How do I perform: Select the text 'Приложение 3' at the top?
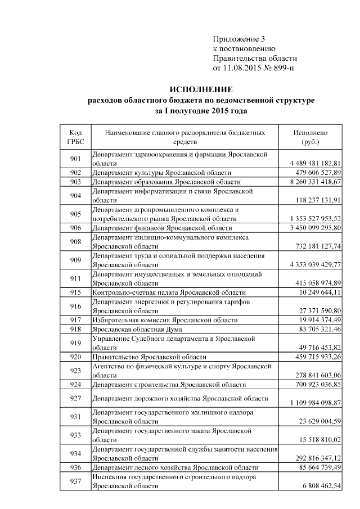pos(238,39)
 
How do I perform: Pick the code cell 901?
pos(75,159)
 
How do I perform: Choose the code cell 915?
pos(75,293)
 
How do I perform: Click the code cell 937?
pos(75,481)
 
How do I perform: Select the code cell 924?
pos(75,385)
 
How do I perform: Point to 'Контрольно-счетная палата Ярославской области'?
pos(169,293)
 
